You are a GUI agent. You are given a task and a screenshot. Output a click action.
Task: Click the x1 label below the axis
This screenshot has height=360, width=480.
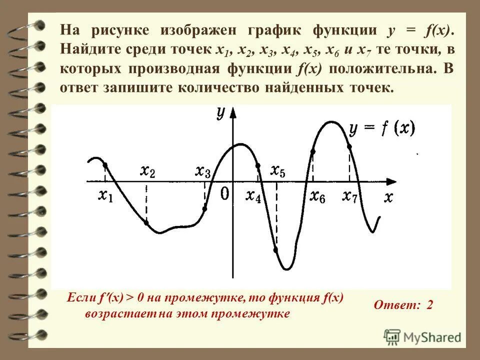(105, 196)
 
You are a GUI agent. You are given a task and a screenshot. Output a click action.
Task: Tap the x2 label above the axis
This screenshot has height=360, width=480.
(147, 171)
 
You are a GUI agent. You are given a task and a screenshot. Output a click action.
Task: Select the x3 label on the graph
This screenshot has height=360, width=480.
(202, 171)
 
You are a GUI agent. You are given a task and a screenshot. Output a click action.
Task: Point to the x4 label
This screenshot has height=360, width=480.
(253, 196)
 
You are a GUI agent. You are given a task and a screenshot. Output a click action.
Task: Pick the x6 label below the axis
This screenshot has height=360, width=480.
(317, 196)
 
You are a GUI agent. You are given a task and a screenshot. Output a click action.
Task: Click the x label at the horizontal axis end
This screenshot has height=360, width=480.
(388, 197)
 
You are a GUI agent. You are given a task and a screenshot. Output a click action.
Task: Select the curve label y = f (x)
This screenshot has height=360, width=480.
(382, 129)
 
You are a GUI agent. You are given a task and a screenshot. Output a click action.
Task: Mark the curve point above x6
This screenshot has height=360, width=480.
(313, 151)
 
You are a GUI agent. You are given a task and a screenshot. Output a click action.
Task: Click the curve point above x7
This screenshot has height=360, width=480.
(349, 146)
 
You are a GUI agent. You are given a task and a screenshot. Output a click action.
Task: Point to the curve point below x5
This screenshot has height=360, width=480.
(276, 248)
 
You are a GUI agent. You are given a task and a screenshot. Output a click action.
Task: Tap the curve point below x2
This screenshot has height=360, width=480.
(146, 222)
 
